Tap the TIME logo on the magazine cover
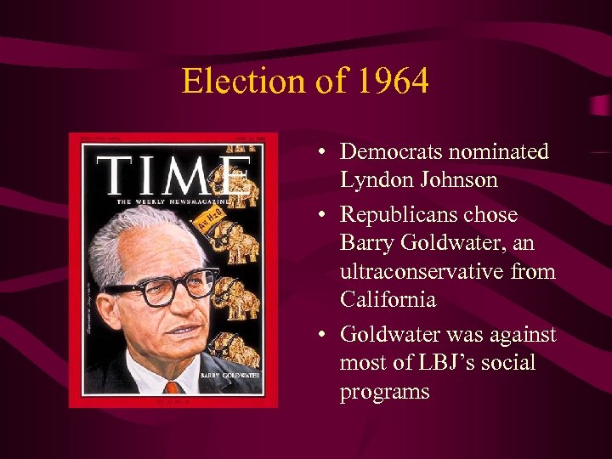click(x=174, y=176)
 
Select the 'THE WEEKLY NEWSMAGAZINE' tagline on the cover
click(x=173, y=201)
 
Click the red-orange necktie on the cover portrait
click(x=173, y=387)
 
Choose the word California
click(x=388, y=300)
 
